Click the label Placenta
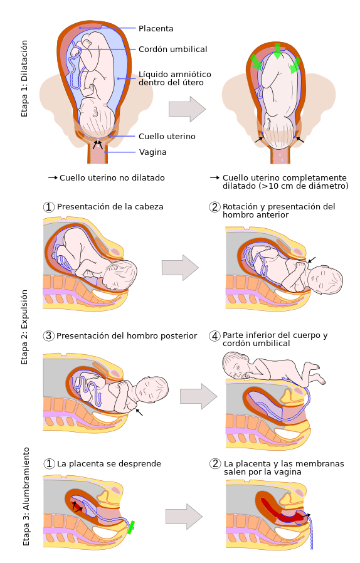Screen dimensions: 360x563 point(156,28)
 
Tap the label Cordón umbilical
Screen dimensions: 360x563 point(173,49)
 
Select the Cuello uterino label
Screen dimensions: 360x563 point(167,137)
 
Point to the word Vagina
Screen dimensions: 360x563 point(152,152)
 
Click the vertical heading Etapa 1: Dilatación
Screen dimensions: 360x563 point(24,78)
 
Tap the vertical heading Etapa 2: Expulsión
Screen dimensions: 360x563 point(24,327)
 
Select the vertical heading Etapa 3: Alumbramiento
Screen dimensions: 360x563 point(26,497)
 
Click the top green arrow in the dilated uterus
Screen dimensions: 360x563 point(277,51)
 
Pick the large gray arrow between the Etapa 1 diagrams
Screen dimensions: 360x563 point(187,109)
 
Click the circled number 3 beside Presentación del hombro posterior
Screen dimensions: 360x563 point(48,336)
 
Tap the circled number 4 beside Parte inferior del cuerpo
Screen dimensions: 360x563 point(214,336)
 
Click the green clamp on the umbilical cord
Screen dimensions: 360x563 point(131,527)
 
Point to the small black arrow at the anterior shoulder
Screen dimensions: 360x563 point(312,260)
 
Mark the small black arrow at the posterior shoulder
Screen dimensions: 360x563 point(139,412)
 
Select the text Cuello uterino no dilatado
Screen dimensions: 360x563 point(112,177)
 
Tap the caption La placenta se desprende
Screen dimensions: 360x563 point(109,463)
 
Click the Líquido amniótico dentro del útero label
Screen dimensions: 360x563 point(175,78)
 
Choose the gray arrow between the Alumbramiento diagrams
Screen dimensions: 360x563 point(184,517)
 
